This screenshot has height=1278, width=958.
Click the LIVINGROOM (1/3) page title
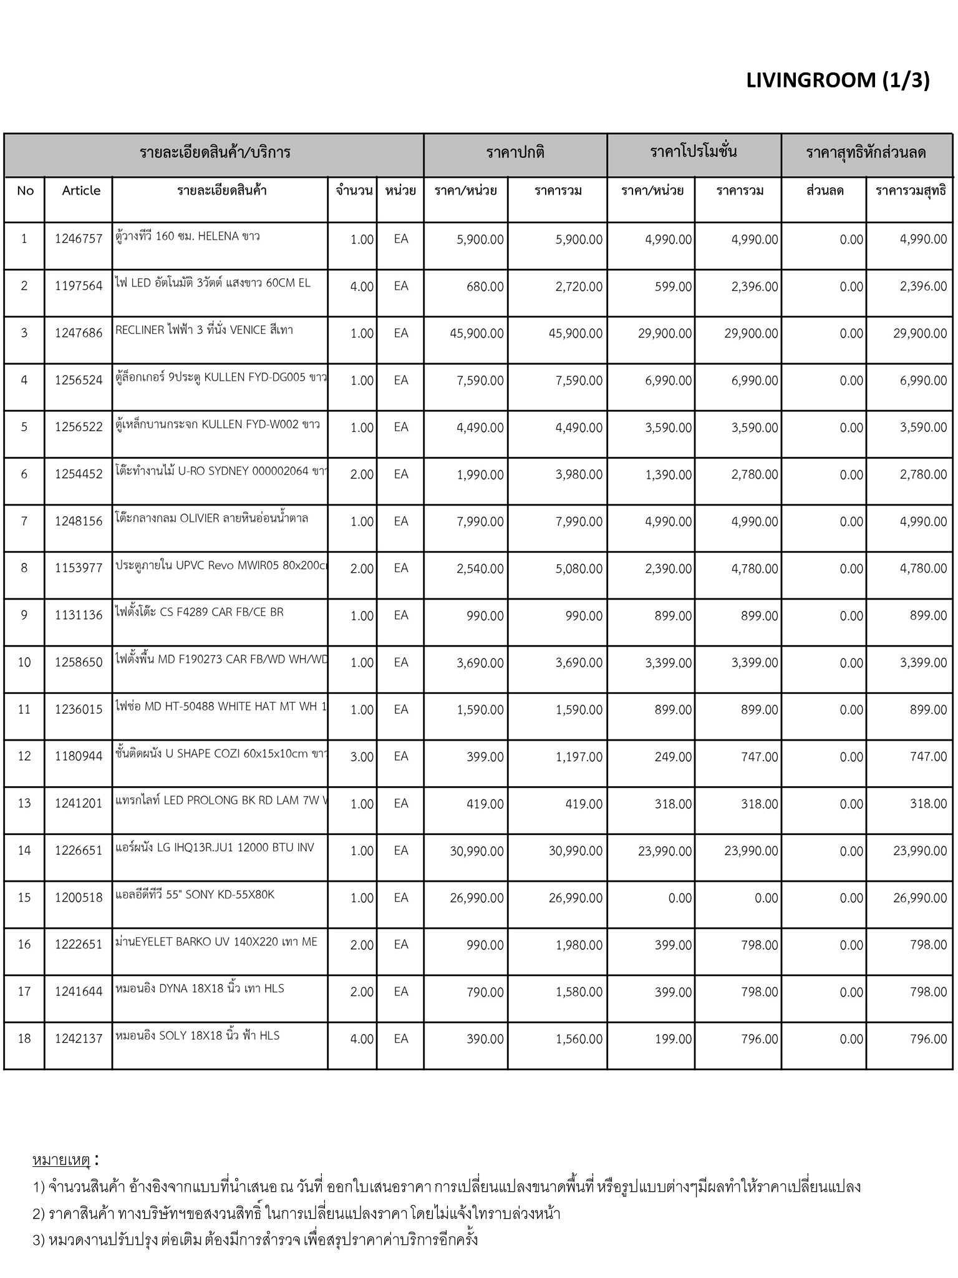tap(837, 80)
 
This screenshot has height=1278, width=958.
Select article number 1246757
tap(79, 239)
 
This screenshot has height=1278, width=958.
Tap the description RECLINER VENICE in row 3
tap(204, 330)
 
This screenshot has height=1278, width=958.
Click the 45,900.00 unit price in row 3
tap(477, 333)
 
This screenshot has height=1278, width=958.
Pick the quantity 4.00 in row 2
tap(362, 286)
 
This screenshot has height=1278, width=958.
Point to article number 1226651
tap(79, 851)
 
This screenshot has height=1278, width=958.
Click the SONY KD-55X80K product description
tap(195, 895)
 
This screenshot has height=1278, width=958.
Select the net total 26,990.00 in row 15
tap(920, 898)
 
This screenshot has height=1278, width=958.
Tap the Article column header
tap(81, 191)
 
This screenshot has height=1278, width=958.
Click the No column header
tap(25, 191)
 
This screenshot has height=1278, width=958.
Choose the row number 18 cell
tap(24, 1038)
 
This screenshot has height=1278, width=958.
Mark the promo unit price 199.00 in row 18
tap(673, 1039)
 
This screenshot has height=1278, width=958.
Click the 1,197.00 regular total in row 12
tap(579, 757)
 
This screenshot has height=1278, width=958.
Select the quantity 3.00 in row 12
tap(362, 757)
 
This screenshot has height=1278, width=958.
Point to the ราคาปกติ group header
tap(515, 153)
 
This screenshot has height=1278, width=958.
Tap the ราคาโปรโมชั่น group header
tap(694, 152)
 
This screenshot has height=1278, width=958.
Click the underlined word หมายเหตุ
tap(61, 1160)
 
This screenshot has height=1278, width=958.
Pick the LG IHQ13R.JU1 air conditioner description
tap(215, 847)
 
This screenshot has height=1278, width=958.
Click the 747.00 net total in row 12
tap(928, 757)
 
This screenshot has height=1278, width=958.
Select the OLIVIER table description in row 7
tap(211, 518)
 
